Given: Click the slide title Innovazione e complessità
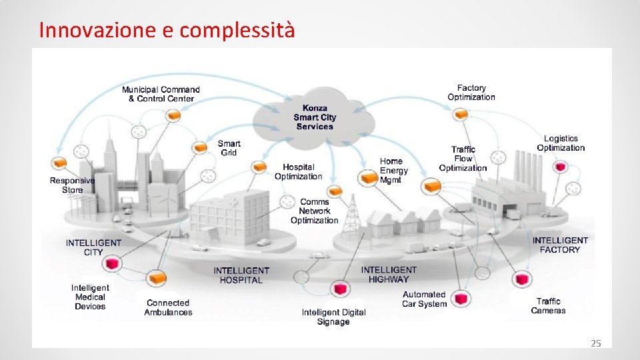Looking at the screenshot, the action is [x=167, y=30].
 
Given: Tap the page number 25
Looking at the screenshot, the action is [x=596, y=343].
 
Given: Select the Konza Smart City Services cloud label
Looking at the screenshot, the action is [x=315, y=117].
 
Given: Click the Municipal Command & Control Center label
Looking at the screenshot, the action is [x=161, y=94].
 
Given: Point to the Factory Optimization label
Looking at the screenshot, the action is [x=471, y=93].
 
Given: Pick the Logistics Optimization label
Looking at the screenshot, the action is [x=561, y=143].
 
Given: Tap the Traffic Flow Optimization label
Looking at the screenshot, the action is [x=463, y=159].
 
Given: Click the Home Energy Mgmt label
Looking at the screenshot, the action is [x=393, y=171].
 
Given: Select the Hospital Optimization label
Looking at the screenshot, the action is [x=298, y=172].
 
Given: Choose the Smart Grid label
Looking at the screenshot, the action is [x=229, y=148].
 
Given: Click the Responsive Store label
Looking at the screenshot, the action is [x=73, y=185].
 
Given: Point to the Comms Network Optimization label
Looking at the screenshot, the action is [x=314, y=211].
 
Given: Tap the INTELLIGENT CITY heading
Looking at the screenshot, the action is [x=93, y=247].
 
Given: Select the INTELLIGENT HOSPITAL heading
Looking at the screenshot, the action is [x=241, y=275].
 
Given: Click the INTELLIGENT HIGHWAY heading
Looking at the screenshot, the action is [x=389, y=275].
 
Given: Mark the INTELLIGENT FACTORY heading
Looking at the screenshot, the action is [x=560, y=245].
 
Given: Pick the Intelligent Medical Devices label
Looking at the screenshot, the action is [x=90, y=297].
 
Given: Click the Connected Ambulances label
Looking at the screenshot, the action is [x=168, y=307].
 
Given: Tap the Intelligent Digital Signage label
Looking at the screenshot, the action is [x=333, y=317].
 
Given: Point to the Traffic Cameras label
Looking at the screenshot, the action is [x=548, y=306].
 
